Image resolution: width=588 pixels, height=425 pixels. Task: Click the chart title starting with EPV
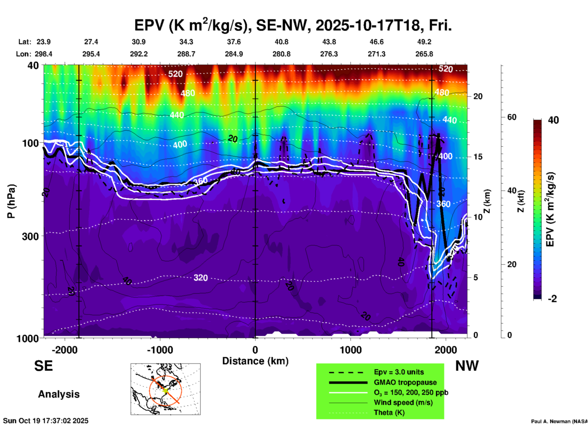[293, 25]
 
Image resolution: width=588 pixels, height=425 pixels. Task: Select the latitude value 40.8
[281, 42]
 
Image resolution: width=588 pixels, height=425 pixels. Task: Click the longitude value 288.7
[186, 54]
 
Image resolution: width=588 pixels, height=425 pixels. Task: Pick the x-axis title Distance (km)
[255, 361]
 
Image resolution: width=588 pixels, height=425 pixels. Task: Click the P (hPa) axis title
[11, 201]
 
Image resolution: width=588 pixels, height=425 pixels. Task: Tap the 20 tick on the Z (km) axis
[478, 97]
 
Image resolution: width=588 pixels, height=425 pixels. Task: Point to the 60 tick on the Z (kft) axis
[512, 117]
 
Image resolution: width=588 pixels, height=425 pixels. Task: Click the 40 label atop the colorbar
[553, 120]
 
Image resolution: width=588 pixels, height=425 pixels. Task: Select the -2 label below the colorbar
[552, 299]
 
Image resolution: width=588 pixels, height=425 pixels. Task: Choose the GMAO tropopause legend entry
[405, 382]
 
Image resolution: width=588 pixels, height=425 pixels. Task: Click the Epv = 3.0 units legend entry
[399, 372]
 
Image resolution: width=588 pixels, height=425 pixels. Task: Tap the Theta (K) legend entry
[389, 412]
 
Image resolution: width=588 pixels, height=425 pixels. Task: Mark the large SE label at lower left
[43, 366]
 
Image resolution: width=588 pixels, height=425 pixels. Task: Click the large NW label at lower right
[467, 366]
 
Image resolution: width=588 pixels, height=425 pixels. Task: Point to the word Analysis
[59, 394]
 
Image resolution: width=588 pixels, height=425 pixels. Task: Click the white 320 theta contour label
[201, 278]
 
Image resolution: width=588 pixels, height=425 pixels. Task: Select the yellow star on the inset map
[165, 390]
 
